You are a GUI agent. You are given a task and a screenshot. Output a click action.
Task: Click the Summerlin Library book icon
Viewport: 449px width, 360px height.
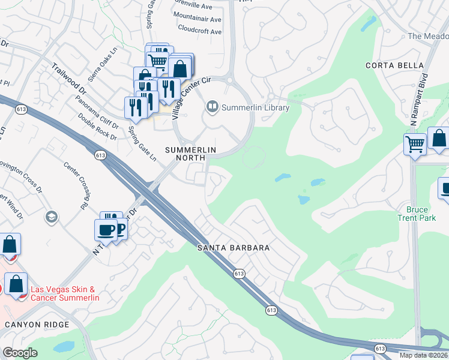[x=212, y=107]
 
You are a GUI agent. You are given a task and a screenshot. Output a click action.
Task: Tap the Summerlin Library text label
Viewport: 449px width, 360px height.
[x=256, y=108]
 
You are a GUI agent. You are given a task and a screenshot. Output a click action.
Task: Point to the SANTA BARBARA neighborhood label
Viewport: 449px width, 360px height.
[x=234, y=247]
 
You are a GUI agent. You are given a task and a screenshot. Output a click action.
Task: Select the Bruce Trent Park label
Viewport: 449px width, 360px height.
[x=413, y=214]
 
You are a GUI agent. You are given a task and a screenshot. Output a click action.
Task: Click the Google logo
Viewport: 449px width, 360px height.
[x=20, y=353]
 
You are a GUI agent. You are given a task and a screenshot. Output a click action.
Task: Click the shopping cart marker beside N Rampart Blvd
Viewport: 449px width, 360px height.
[x=415, y=145]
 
